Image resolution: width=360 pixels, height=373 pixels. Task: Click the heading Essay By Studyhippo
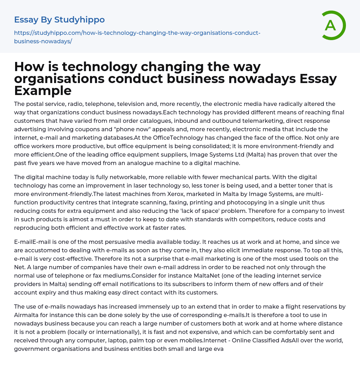pyautogui.click(x=59, y=20)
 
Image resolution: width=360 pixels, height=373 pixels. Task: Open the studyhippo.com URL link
pyautogui.click(x=137, y=37)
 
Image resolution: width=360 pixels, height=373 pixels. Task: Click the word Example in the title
pyautogui.click(x=43, y=91)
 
